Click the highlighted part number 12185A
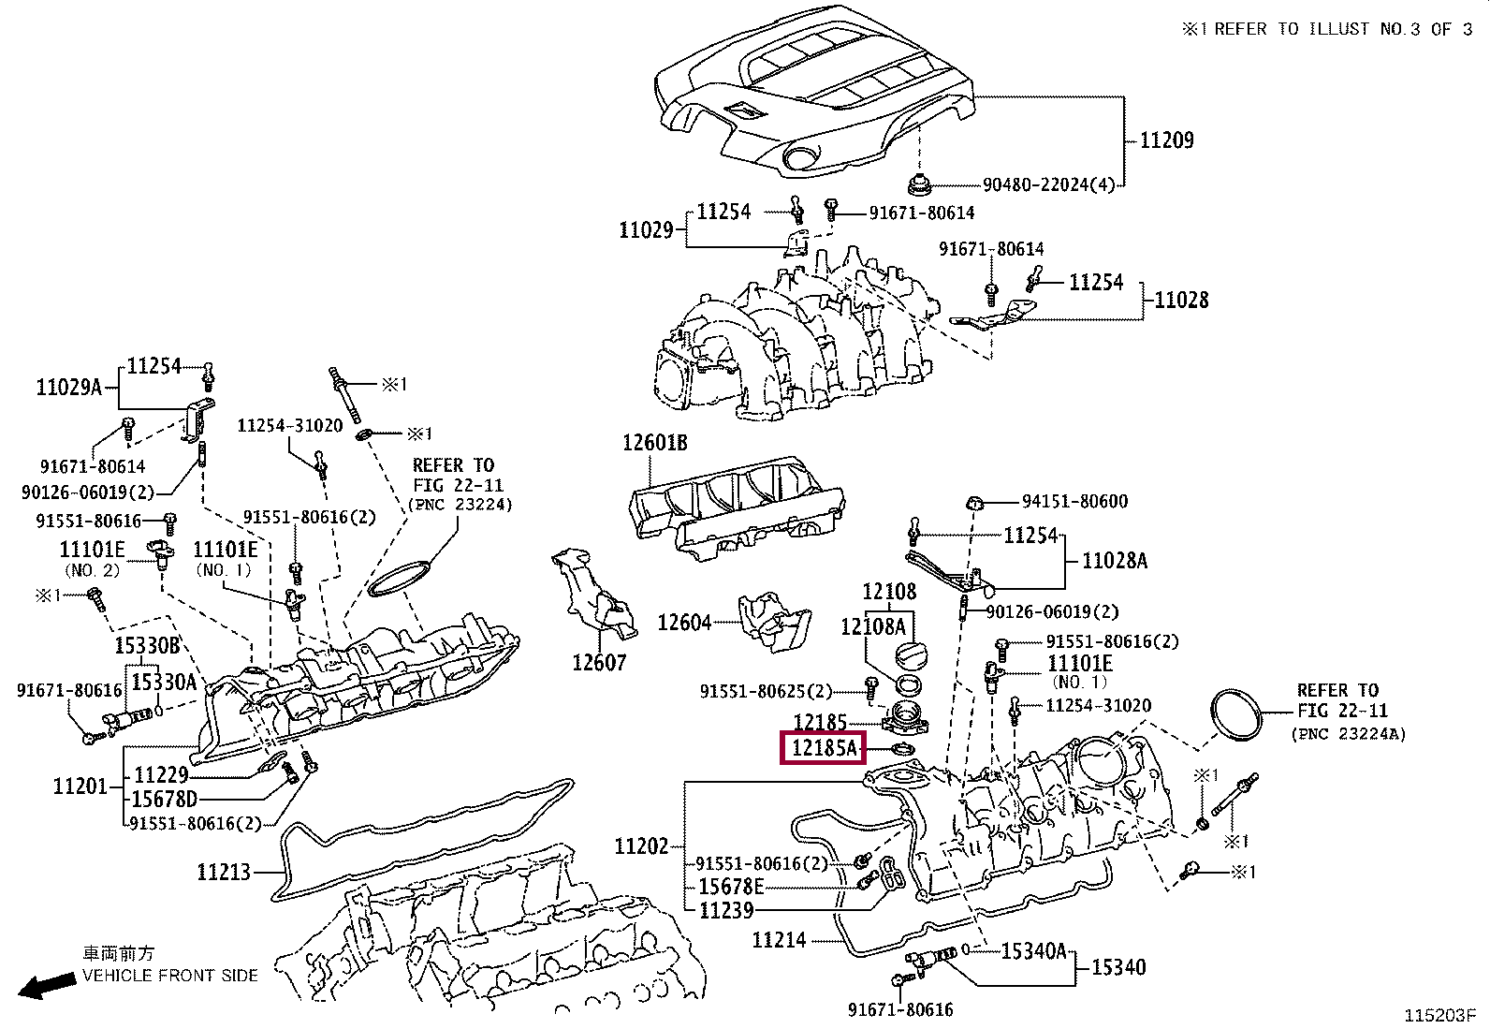[823, 748]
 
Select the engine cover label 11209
[1167, 140]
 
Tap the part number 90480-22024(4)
[1048, 185]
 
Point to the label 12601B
[654, 443]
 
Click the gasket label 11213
[224, 872]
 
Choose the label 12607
[599, 662]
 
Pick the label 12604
[684, 623]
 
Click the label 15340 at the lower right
[1118, 966]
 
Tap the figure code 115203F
[1440, 1015]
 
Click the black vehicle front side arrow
[47, 985]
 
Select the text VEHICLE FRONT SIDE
[169, 975]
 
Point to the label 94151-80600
[1075, 501]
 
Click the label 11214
[779, 940]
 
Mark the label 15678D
[165, 799]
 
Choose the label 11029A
[68, 387]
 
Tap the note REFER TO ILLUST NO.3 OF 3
[1328, 29]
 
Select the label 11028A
[1115, 561]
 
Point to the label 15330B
[147, 645]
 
